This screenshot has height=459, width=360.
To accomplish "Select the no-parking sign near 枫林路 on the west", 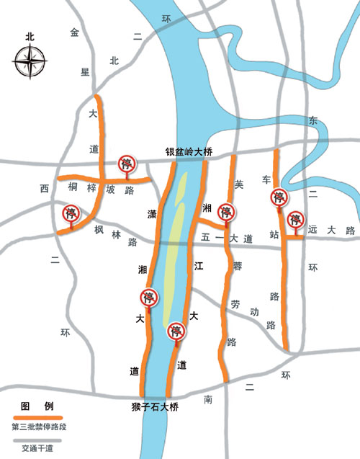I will click(71, 214).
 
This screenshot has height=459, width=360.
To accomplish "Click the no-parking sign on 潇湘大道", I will click(149, 298).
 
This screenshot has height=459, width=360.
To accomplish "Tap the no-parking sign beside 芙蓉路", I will click(227, 212).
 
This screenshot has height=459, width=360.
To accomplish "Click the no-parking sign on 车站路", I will click(278, 197).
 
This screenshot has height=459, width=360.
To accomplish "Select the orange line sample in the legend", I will click(37, 418).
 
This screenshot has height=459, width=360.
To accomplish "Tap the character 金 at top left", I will click(73, 32).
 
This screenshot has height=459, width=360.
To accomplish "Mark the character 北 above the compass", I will click(29, 36).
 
